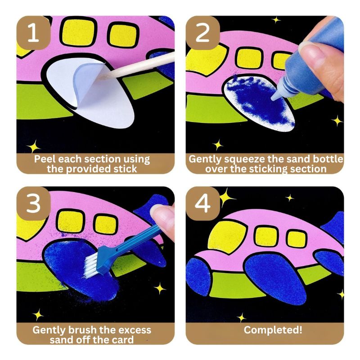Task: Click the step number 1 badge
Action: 32,33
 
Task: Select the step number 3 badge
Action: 32,203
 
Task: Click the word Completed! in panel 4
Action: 273,330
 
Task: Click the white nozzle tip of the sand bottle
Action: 275,93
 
